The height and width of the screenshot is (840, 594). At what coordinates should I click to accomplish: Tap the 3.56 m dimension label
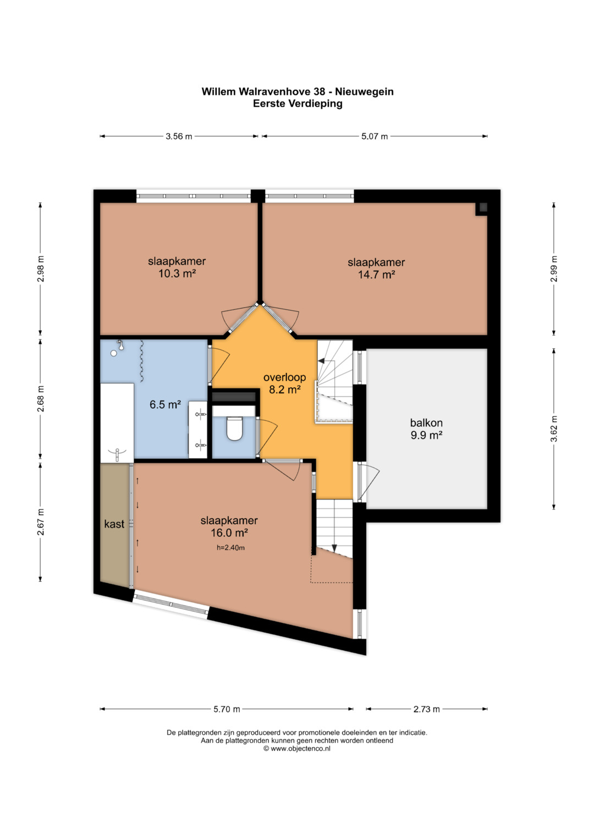(179, 136)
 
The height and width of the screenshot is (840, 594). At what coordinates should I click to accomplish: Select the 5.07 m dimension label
(374, 136)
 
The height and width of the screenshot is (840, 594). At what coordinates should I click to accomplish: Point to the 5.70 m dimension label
(227, 709)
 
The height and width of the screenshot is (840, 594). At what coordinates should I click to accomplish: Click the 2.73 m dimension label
(426, 709)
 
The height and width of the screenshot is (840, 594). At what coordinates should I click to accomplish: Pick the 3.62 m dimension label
(554, 429)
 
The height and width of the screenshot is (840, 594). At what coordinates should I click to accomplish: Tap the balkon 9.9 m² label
(426, 429)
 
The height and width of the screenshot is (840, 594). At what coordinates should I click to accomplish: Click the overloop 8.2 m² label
(285, 383)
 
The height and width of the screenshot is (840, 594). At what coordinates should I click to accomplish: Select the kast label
(114, 524)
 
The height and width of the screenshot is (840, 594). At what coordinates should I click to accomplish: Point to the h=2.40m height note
(230, 548)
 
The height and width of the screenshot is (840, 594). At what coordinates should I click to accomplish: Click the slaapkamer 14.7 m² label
(376, 268)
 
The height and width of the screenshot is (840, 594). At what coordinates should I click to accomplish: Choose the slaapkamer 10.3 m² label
(177, 267)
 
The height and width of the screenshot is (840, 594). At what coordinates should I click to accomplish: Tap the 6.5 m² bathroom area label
(166, 405)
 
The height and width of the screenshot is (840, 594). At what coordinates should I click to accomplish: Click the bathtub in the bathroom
(117, 422)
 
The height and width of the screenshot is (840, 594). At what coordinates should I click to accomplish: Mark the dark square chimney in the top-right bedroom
(483, 207)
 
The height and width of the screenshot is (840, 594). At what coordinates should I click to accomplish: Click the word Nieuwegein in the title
(364, 92)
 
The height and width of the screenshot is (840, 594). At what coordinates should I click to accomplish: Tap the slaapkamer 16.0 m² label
(229, 526)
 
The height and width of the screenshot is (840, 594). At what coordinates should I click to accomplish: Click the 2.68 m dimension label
(41, 399)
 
